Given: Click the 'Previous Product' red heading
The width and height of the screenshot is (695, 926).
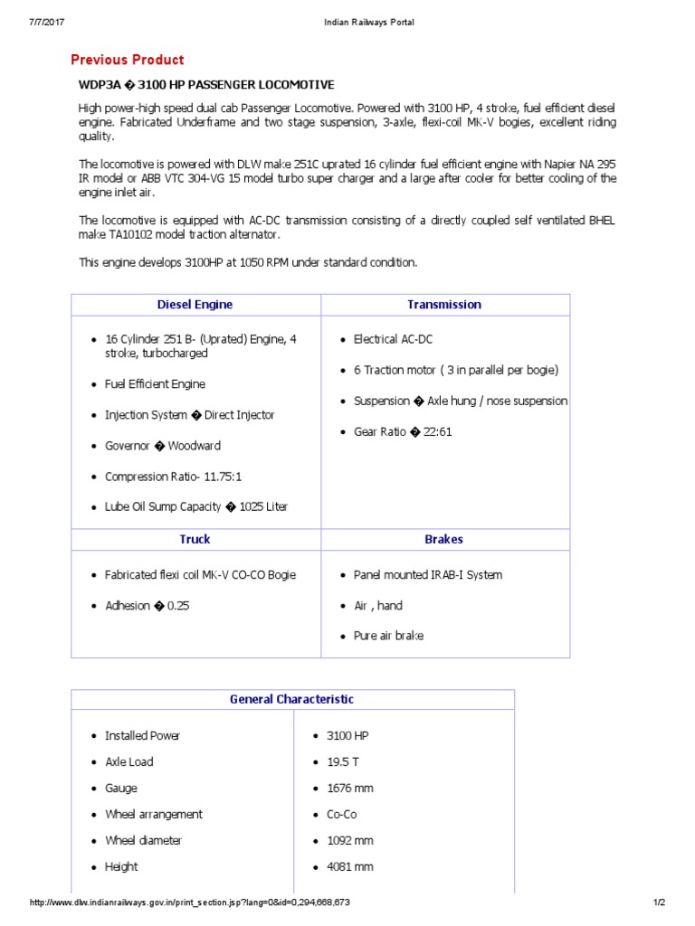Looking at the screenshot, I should [x=128, y=60].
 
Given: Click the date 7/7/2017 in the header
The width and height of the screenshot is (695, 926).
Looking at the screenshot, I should [x=47, y=22].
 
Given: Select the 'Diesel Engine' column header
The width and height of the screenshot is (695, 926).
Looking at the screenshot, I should [x=195, y=305].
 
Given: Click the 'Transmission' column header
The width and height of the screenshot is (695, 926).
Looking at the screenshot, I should [x=443, y=305].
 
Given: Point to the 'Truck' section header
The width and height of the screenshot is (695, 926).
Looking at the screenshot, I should [x=195, y=539].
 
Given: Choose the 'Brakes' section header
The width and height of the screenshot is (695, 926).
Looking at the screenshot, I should [x=443, y=539].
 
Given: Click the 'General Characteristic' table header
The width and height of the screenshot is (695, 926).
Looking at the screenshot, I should [x=291, y=699].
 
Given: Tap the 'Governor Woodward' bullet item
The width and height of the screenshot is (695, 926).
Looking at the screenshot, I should [x=162, y=446].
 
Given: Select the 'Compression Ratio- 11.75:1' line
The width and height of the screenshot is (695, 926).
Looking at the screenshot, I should [x=173, y=477].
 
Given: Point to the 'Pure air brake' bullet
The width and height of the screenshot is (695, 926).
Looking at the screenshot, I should [x=388, y=636].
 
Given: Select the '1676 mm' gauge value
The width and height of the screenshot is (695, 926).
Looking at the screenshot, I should [x=349, y=789].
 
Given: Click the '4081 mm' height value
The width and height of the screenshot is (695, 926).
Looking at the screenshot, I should [x=349, y=867].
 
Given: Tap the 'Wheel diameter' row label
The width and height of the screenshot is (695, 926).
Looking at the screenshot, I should [x=143, y=841].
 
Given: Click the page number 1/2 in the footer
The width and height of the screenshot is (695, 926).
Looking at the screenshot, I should [x=659, y=902].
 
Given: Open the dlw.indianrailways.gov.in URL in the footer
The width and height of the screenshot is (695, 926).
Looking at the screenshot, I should [x=190, y=902].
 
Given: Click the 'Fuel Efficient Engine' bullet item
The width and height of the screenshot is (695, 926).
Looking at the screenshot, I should [x=155, y=384].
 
